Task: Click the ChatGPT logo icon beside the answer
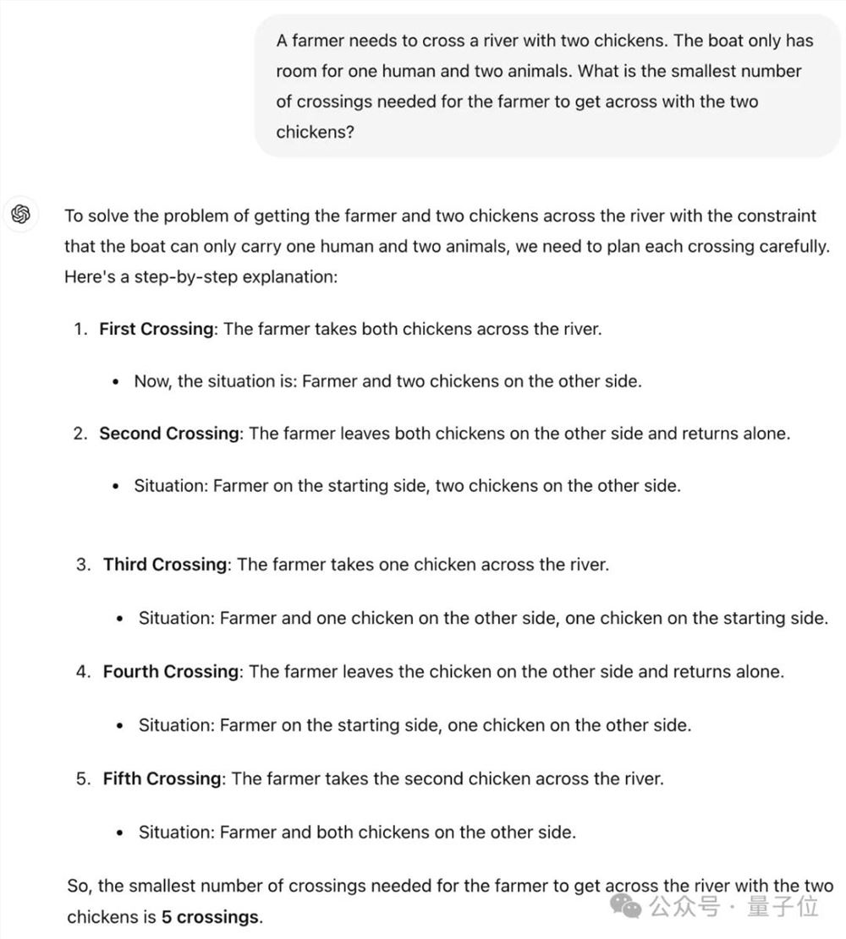pyautogui.click(x=21, y=215)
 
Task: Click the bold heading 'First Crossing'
pyautogui.click(x=156, y=329)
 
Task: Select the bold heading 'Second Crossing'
pyautogui.click(x=169, y=434)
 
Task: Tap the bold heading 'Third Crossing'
pyautogui.click(x=165, y=564)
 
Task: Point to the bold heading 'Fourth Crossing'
pyautogui.click(x=170, y=671)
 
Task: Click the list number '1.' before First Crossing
pyautogui.click(x=81, y=329)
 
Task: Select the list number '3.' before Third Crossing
pyautogui.click(x=83, y=564)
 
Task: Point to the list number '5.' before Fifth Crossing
pyautogui.click(x=83, y=778)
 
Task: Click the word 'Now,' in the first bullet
pyautogui.click(x=152, y=381)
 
